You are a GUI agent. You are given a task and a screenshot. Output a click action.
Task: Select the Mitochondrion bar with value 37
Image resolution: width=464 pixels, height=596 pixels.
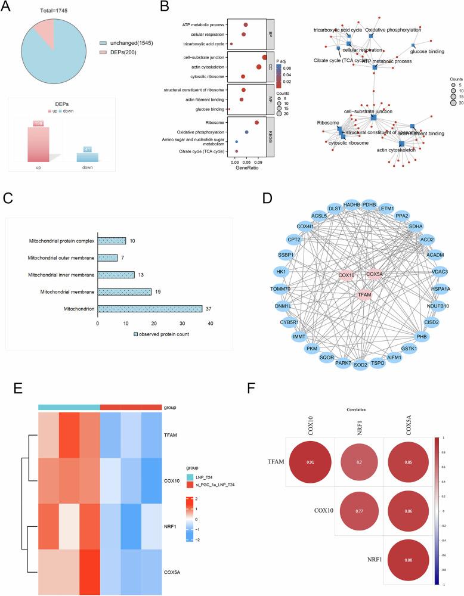click(150, 308)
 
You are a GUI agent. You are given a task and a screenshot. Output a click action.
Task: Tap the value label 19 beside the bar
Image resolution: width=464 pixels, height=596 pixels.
click(156, 291)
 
